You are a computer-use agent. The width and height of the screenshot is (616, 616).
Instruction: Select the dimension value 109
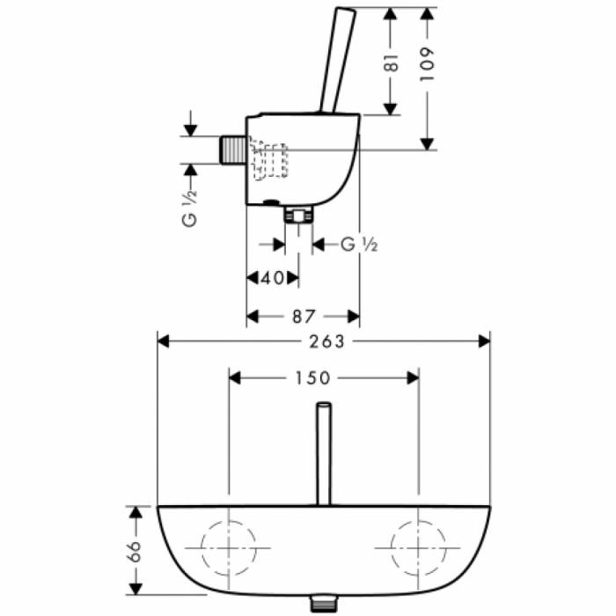[x=428, y=62]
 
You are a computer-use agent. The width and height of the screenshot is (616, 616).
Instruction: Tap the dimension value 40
[x=274, y=278]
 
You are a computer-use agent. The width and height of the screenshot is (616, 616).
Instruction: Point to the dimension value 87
[x=303, y=315]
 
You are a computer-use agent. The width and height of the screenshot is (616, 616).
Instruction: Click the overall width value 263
[x=324, y=341]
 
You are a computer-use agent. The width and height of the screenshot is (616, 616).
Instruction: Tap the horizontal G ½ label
[x=358, y=244]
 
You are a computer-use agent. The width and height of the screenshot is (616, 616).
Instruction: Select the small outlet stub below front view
[x=324, y=605]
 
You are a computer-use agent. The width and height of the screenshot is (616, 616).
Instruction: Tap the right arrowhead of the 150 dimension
[x=411, y=378]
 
